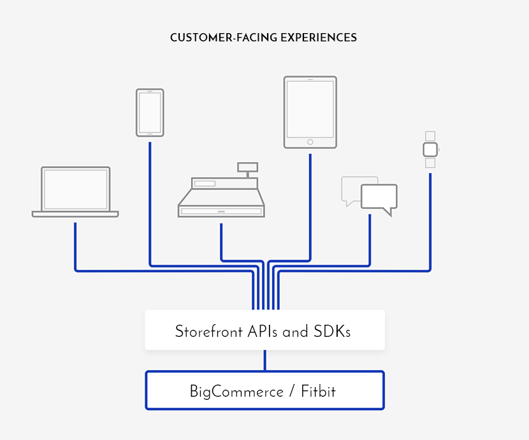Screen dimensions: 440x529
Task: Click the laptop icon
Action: (x=75, y=192)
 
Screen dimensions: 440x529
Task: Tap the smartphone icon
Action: (x=150, y=113)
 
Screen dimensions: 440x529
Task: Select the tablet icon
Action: (x=310, y=113)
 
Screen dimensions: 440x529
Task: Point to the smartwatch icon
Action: (x=430, y=150)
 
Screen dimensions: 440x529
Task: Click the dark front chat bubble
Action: (x=379, y=197)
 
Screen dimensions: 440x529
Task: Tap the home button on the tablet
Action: (x=310, y=141)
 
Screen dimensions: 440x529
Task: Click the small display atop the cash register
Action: (x=247, y=167)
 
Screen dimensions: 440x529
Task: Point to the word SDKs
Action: (x=332, y=332)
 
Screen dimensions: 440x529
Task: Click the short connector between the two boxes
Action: (x=265, y=360)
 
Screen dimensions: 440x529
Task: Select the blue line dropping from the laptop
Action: (x=75, y=245)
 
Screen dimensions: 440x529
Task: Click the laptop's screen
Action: (x=75, y=189)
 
